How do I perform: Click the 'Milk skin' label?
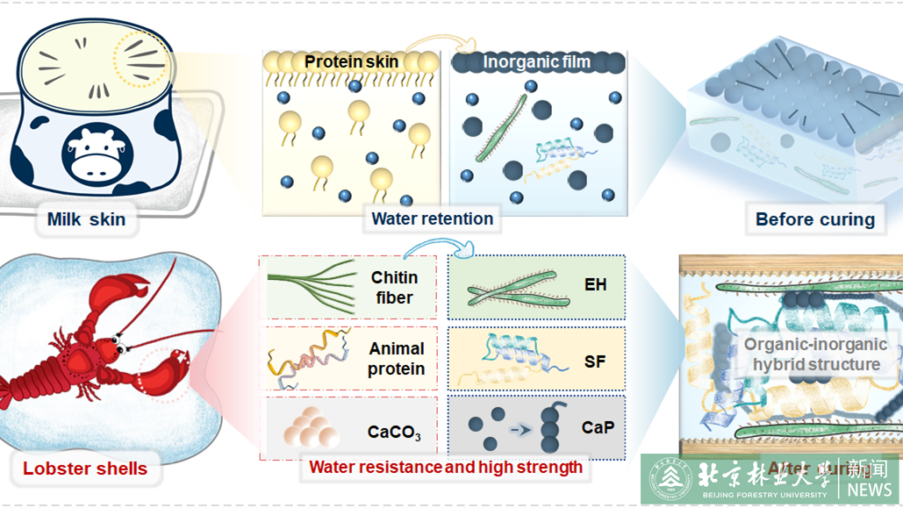tap(86, 219)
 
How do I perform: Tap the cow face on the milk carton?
tap(97, 152)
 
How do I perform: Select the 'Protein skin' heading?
tap(351, 62)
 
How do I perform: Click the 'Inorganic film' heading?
tap(536, 62)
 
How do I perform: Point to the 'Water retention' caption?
tap(432, 218)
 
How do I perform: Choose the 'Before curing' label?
tap(815, 219)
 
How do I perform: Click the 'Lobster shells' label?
tap(85, 468)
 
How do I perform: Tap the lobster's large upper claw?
tap(130, 292)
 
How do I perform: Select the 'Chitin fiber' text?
tap(394, 288)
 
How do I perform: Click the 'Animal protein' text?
tap(396, 359)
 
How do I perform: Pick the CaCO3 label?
tap(394, 433)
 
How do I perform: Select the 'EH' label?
tap(595, 285)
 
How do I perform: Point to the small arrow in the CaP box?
tap(521, 430)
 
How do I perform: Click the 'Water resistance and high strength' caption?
tap(445, 468)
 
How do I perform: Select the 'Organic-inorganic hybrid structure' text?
tap(815, 354)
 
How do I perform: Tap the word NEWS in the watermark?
tap(870, 489)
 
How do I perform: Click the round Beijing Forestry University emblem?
tap(670, 478)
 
